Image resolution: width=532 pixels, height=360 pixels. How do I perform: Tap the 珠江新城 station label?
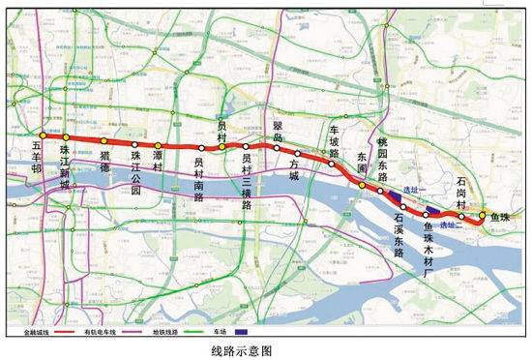coord(65,166)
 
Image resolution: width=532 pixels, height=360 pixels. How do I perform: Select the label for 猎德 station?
coord(105,160)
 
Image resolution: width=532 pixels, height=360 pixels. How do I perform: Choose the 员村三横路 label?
coord(248,180)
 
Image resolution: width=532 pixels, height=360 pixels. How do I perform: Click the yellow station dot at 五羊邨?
coord(43,136)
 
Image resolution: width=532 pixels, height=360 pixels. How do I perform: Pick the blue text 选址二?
coord(450,224)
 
